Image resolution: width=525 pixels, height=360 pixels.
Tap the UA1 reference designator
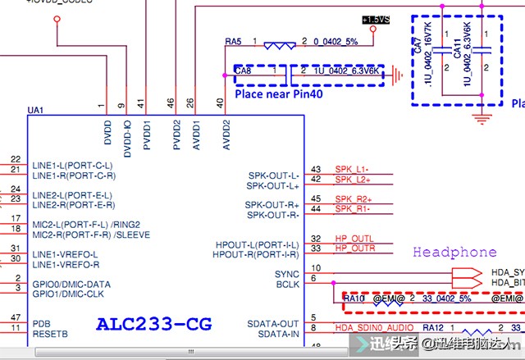pyautogui.click(x=35, y=109)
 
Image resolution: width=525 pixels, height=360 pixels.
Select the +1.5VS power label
pyautogui.click(x=374, y=19)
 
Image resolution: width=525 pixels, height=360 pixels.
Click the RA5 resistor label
pyautogui.click(x=233, y=41)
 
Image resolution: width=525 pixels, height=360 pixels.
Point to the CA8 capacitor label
pyautogui.click(x=244, y=72)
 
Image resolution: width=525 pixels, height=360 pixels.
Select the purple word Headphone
pyautogui.click(x=454, y=252)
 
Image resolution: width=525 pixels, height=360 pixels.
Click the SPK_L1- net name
pyautogui.click(x=352, y=170)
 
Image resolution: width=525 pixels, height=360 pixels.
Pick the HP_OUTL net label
pyautogui.click(x=354, y=239)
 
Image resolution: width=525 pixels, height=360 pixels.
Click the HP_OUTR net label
pyautogui.click(x=354, y=248)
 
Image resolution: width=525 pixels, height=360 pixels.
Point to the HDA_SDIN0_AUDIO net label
pyautogui.click(x=373, y=328)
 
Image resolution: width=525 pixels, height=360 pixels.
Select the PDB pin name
pyautogui.click(x=42, y=323)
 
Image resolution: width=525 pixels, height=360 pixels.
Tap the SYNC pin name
pyautogui.click(x=287, y=274)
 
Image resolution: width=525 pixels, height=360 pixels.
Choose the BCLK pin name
pyautogui.click(x=288, y=284)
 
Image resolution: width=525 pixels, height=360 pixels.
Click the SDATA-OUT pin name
pyautogui.click(x=273, y=323)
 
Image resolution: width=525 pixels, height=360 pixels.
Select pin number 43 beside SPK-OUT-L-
pyautogui.click(x=316, y=170)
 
